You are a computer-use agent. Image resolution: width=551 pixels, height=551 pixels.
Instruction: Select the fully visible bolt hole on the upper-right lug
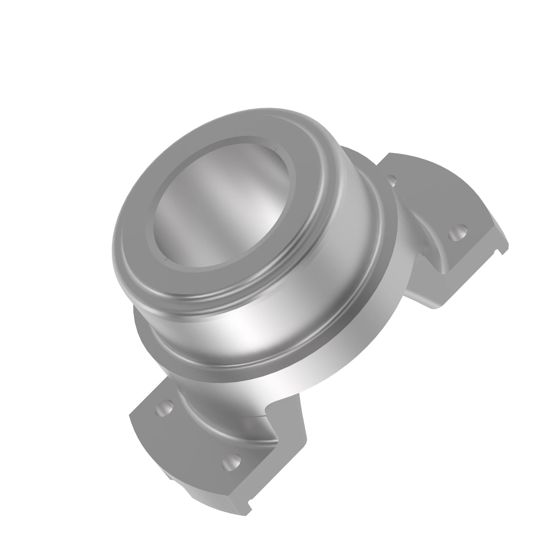pyautogui.click(x=457, y=233)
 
